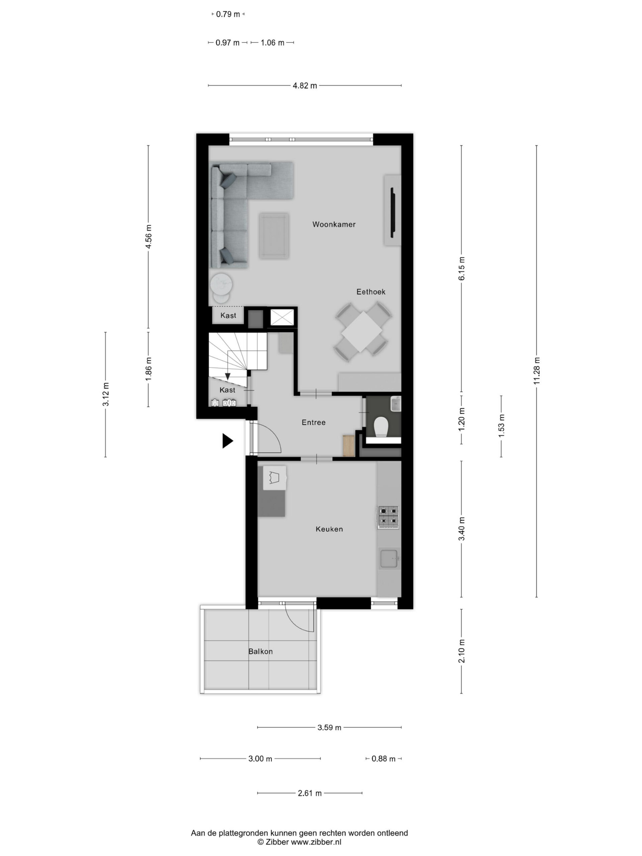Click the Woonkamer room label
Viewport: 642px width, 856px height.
tap(334, 224)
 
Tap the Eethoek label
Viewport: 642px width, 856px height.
tap(371, 292)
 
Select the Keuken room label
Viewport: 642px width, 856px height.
tap(329, 529)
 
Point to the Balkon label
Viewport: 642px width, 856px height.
tap(260, 651)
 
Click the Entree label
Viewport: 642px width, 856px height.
tap(313, 422)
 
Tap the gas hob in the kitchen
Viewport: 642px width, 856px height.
tap(388, 517)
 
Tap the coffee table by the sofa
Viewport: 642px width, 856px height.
tap(274, 235)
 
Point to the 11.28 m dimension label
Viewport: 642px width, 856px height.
tap(536, 371)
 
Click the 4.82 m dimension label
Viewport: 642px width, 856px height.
tap(305, 86)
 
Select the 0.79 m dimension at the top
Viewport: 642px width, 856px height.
tap(228, 14)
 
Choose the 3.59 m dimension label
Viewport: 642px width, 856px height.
tap(329, 728)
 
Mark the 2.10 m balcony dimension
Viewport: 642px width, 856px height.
tap(461, 651)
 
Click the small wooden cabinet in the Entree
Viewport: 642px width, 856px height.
tap(349, 445)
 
